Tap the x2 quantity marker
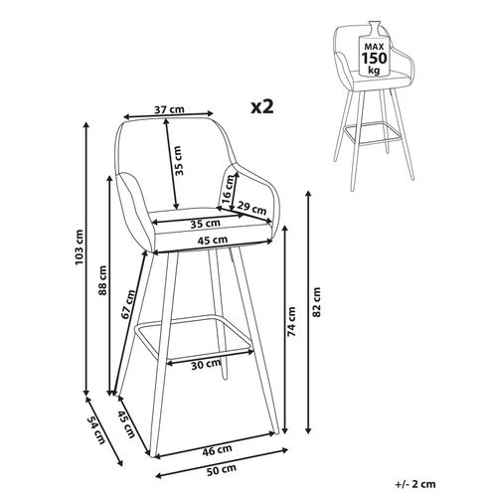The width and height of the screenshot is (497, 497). [x=263, y=106]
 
